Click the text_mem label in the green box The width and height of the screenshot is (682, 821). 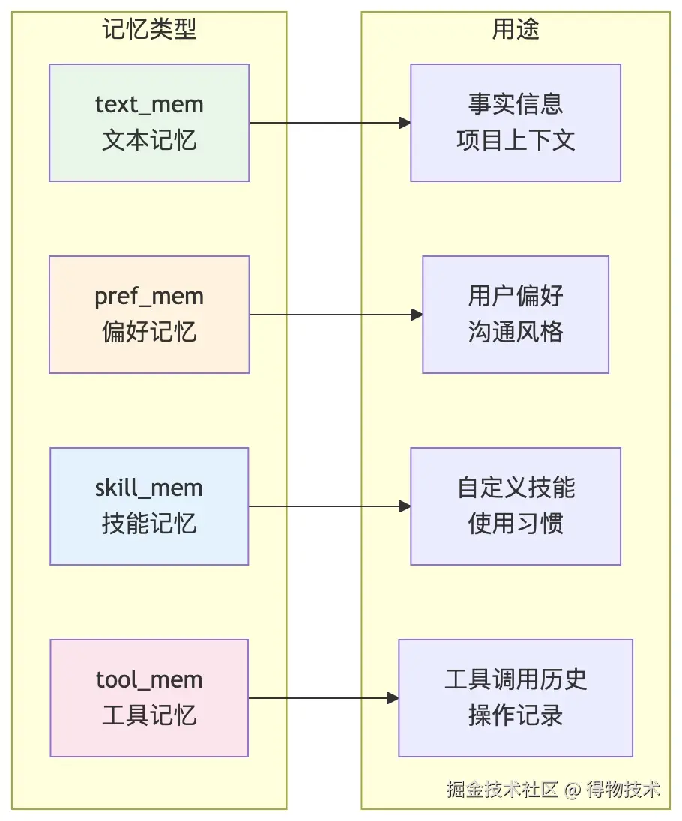point(149,105)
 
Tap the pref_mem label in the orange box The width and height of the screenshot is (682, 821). point(149,297)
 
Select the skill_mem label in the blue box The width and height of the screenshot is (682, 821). point(149,488)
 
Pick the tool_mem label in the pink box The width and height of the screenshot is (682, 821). point(149,679)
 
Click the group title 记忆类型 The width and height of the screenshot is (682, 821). point(149,28)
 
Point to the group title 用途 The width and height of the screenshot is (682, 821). point(516,28)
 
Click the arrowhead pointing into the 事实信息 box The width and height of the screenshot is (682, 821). point(405,123)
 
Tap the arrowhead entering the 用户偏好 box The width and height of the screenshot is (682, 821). point(417,315)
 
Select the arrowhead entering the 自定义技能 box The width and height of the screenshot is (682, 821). point(405,506)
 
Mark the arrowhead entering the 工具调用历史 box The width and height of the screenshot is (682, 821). point(393,698)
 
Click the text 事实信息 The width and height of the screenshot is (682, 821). point(516,104)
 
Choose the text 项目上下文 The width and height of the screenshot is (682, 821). point(516,140)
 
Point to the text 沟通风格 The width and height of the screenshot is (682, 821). point(516,332)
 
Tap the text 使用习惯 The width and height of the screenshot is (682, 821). point(516,524)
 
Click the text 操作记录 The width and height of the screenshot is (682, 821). point(516,715)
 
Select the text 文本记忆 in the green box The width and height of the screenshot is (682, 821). point(149,140)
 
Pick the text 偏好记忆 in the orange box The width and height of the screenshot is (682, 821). point(149,332)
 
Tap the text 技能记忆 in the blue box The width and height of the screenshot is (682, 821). point(149,524)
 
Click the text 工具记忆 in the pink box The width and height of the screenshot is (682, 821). point(149,715)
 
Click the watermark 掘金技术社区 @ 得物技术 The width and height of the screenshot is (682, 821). point(554,789)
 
